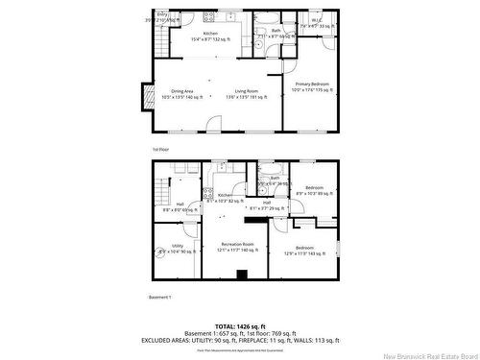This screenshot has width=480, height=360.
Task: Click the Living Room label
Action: [244, 94]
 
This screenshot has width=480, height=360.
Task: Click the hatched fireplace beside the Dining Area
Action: [148, 96]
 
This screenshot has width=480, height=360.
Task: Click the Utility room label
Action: [179, 249]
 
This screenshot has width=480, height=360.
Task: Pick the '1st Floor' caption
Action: [160, 149]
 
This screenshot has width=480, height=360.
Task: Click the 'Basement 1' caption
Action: [160, 296]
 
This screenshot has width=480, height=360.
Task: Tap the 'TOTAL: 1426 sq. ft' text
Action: [239, 325]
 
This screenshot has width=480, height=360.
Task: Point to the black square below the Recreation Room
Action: [242, 275]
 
